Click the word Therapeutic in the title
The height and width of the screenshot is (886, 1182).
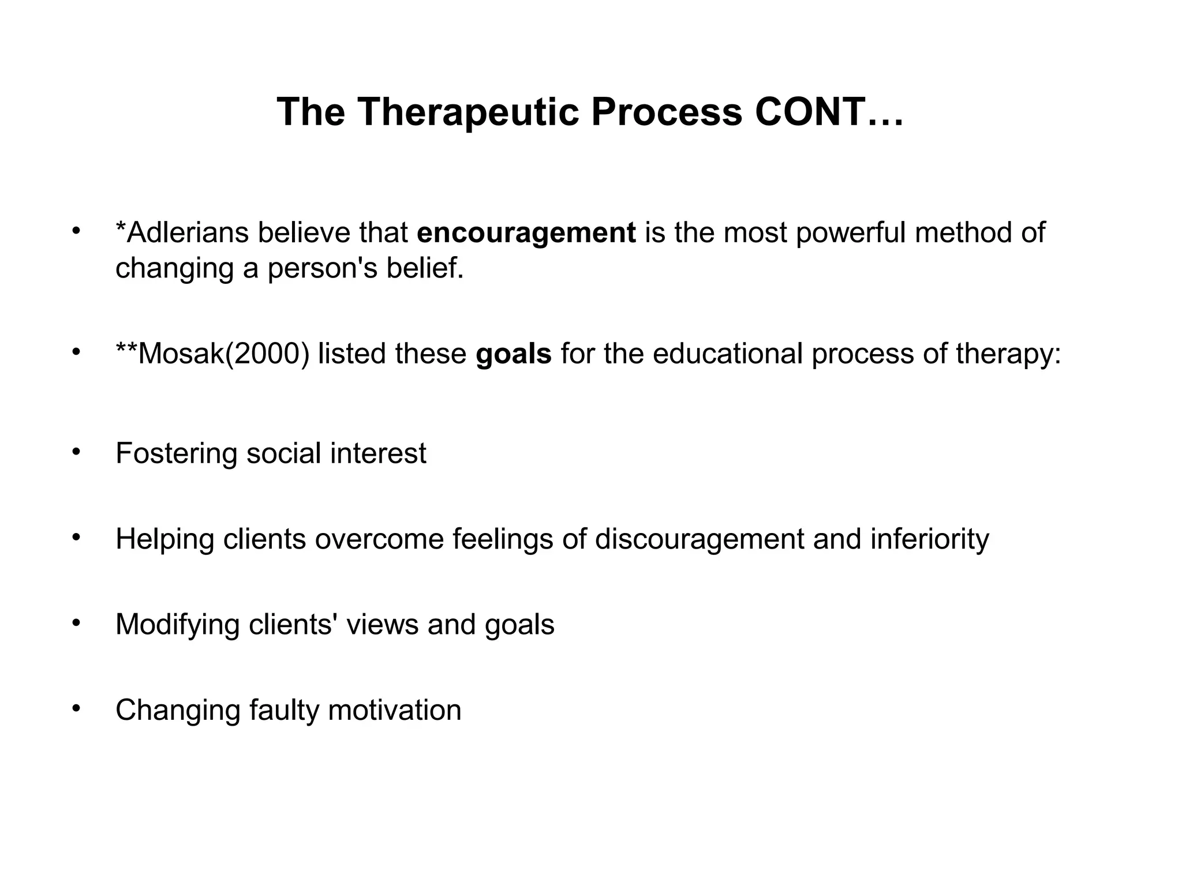468,111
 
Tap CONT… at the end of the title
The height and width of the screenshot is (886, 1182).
829,111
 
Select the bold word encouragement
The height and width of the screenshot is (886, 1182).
526,232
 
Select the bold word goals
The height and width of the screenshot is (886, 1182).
513,353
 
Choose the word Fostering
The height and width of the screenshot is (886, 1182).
176,453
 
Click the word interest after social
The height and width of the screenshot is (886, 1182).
378,453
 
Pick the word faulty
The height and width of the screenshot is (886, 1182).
284,709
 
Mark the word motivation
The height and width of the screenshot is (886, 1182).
395,709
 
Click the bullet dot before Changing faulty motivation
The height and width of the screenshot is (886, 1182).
76,707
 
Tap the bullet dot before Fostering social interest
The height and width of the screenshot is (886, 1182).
76,451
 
